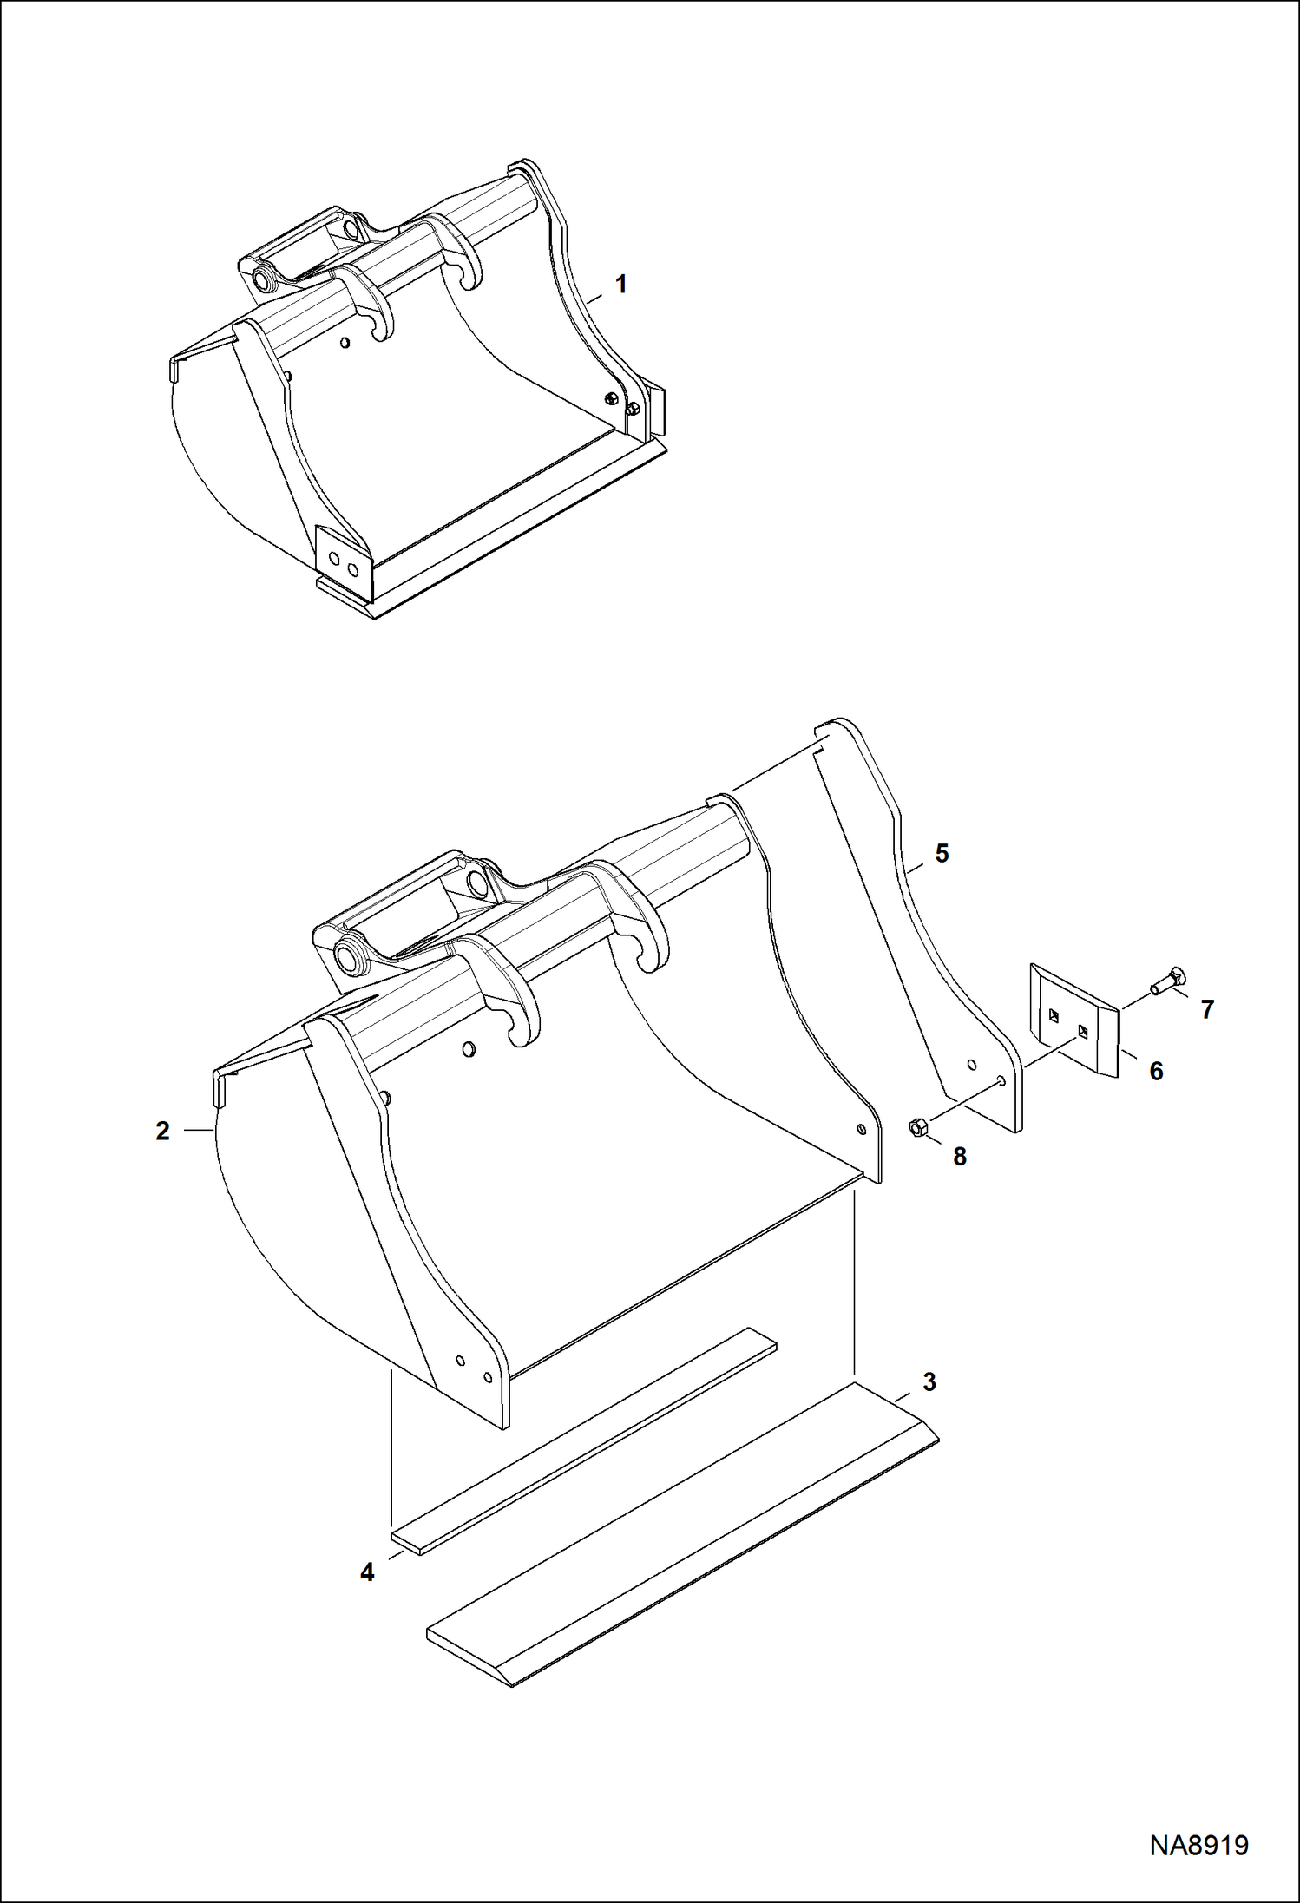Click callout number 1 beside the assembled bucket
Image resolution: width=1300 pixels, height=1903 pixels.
click(620, 285)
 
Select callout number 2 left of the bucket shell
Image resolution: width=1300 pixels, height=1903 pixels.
click(162, 1132)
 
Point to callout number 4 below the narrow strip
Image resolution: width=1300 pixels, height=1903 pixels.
click(367, 1572)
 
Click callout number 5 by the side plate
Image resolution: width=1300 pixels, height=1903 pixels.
click(942, 854)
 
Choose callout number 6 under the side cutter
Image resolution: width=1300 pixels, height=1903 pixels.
click(1156, 1072)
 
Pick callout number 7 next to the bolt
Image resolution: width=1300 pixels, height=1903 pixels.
click(1207, 1009)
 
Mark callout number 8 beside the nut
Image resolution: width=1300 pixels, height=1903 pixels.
click(959, 1157)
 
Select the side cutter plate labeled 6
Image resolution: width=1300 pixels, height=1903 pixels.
click(1074, 1020)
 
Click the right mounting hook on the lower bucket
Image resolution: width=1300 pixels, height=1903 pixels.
click(644, 929)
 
